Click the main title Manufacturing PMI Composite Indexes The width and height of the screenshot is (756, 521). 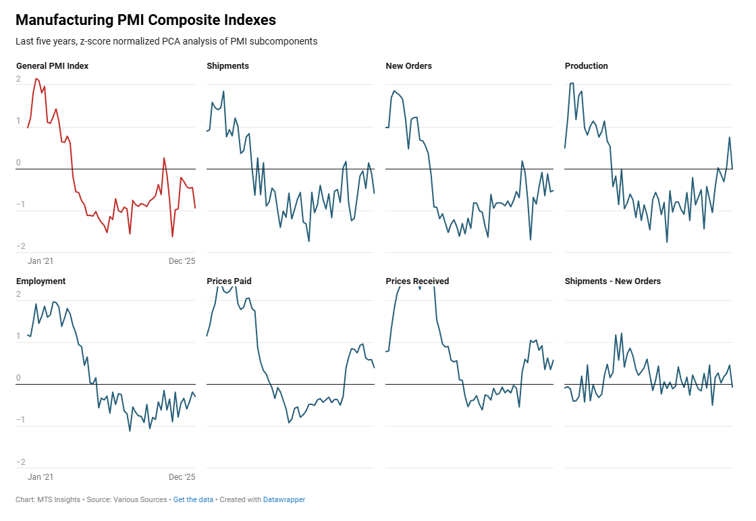point(145,20)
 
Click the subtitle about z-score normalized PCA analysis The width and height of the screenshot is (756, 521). point(166,41)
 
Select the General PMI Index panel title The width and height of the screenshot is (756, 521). point(52,66)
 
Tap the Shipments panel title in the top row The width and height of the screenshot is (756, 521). point(227,66)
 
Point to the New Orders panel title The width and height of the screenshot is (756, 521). point(408,66)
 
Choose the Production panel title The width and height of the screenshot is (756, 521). point(586,66)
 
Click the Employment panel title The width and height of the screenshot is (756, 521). point(40,281)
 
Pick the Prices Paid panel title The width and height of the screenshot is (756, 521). point(229,281)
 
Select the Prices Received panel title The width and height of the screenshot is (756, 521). point(417,281)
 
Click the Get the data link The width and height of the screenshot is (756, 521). point(193,500)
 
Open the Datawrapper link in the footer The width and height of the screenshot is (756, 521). point(283,500)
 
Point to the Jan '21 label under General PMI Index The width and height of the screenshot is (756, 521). point(40,261)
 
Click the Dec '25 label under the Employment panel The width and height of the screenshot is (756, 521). point(182,477)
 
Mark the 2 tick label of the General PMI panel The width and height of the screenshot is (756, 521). point(19,80)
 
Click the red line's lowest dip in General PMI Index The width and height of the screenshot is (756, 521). point(172,237)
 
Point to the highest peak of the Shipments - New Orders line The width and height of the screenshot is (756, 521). point(621,333)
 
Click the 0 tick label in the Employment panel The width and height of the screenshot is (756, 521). point(19,379)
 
